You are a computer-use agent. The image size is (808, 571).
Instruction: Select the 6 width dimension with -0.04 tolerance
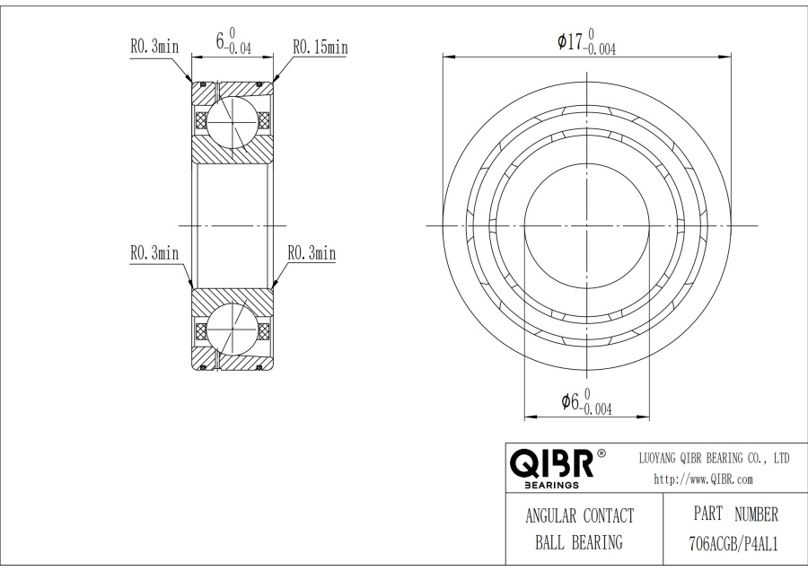click(x=233, y=41)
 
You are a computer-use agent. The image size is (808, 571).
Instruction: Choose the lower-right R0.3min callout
click(x=311, y=254)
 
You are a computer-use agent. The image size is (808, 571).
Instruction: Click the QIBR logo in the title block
click(x=550, y=464)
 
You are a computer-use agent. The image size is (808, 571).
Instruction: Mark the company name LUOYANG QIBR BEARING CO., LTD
click(x=714, y=459)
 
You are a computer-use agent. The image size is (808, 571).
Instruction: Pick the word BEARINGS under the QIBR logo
click(x=549, y=486)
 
